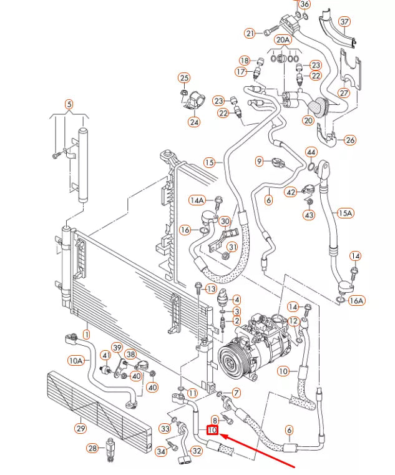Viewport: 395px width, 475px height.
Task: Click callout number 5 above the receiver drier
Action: click(69, 104)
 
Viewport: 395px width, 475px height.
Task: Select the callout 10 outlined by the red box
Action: click(213, 430)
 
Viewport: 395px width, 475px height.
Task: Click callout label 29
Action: click(80, 428)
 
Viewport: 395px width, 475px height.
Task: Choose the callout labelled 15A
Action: click(345, 213)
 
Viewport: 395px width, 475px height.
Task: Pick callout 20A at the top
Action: click(283, 40)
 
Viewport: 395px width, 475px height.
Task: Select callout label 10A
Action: click(76, 360)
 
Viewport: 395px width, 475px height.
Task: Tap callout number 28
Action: click(92, 448)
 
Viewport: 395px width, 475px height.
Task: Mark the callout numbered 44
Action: click(311, 152)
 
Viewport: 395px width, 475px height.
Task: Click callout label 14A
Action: click(198, 200)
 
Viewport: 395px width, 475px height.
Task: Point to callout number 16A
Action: click(356, 301)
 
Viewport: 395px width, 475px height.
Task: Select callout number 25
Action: click(183, 78)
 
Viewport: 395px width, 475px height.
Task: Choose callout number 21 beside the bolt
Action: click(250, 33)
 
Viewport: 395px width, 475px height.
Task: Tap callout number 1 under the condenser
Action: click(86, 335)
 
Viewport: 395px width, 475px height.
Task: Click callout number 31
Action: click(232, 247)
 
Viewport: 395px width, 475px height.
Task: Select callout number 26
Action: click(350, 140)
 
